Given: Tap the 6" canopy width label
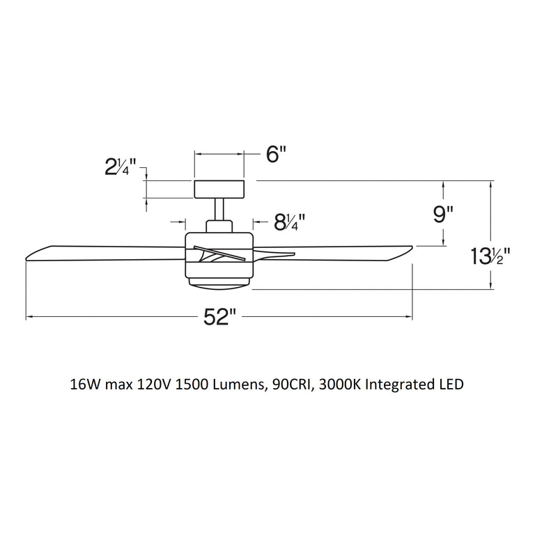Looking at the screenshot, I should click(277, 155).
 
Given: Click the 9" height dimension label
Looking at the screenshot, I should click(443, 215).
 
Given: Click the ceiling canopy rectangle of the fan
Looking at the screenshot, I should click(219, 188).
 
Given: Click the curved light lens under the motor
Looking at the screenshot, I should click(219, 284).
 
